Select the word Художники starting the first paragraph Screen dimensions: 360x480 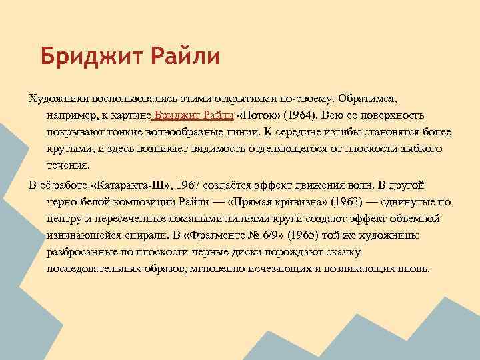[x=57, y=98]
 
